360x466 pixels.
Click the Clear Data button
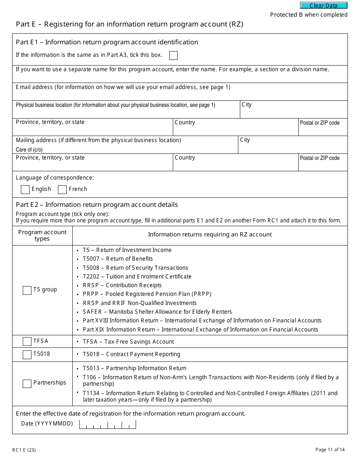pos(324,6)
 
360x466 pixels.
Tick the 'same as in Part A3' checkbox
pos(174,56)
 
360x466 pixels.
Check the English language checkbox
pos(25,189)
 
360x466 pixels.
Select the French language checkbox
pos(62,189)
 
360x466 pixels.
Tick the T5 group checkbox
pos(27,290)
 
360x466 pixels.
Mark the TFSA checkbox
pos(27,341)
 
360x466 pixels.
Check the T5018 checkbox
pos(27,355)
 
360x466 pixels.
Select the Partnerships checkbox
pos(27,383)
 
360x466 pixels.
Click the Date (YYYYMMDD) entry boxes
pos(107,424)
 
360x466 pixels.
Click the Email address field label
pos(123,87)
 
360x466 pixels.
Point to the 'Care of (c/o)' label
pos(29,150)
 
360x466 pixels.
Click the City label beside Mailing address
pos(245,140)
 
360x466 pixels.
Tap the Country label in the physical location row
pos(185,122)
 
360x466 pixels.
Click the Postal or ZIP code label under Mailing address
pos(319,158)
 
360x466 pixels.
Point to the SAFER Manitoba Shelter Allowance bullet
pos(157,312)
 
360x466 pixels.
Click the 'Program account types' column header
pos(42,235)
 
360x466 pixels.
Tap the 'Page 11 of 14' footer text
pos(330,450)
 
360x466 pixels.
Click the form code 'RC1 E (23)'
pos(24,450)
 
